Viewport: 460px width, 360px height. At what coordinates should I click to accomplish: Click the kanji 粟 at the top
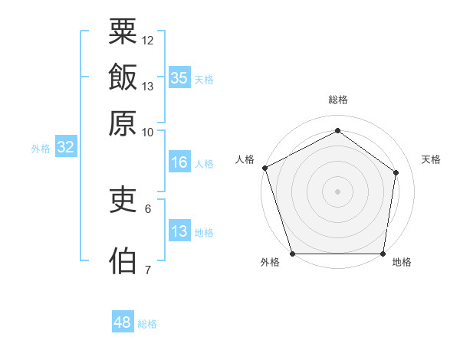tap(123, 31)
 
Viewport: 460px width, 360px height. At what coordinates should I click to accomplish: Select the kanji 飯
tap(123, 77)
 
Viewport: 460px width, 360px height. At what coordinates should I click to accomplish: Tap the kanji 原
tap(123, 123)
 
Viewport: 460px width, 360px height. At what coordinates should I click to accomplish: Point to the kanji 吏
tap(123, 199)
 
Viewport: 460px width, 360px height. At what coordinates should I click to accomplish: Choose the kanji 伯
tap(123, 260)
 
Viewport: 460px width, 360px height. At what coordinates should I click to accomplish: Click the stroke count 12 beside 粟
tap(147, 41)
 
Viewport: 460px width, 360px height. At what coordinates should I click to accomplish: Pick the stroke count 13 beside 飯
tap(147, 87)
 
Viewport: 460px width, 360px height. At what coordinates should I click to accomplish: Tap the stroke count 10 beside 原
tap(147, 133)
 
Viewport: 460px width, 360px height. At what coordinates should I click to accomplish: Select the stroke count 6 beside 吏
tap(148, 209)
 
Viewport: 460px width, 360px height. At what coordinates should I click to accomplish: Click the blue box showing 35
tap(179, 77)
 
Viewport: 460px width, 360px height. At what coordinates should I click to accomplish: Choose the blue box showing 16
tap(179, 162)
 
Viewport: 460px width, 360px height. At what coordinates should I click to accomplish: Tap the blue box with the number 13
tap(179, 230)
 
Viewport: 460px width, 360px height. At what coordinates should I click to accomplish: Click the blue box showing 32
tap(66, 146)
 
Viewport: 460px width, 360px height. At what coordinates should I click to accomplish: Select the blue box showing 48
tap(123, 321)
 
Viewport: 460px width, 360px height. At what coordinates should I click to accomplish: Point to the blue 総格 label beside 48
tap(147, 324)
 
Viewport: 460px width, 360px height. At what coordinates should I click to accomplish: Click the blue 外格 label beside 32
tap(41, 149)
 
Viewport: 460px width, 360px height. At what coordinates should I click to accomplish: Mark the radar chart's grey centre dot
tap(337, 191)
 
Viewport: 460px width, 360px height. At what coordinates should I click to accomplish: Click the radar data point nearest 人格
tap(265, 168)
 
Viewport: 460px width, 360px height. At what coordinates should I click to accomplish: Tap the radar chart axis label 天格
tap(431, 159)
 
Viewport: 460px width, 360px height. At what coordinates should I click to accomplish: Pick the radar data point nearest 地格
tap(383, 254)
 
